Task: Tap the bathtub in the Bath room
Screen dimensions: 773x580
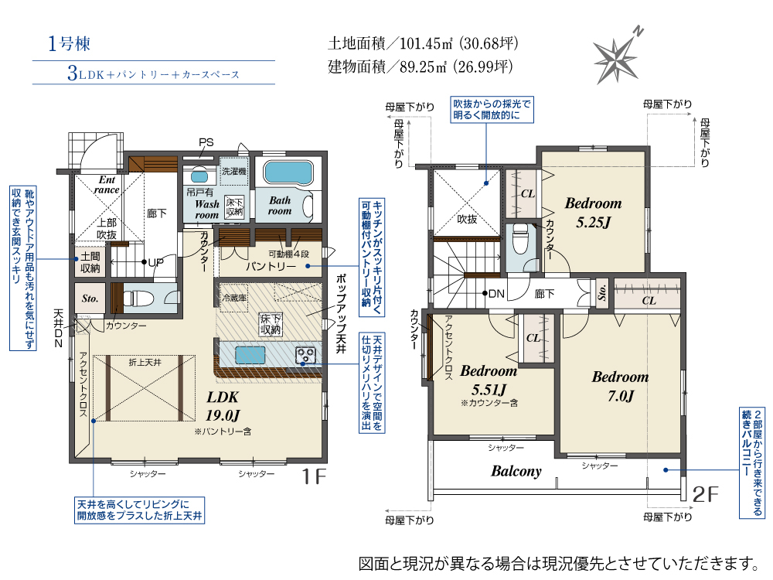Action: [288, 172]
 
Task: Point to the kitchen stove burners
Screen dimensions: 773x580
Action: [305, 355]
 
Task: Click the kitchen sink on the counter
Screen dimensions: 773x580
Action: [250, 355]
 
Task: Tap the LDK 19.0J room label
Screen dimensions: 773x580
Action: [223, 406]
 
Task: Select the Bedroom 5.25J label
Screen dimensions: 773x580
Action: [593, 213]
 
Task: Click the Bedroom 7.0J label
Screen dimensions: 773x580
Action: [620, 386]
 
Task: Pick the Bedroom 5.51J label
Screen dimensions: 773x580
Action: [489, 380]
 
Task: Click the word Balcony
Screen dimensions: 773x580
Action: [516, 471]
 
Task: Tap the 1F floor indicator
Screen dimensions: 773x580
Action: [314, 476]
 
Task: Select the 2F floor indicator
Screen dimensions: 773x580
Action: [706, 494]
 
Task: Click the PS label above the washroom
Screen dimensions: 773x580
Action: [206, 142]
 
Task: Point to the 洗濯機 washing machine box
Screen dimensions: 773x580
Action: [233, 171]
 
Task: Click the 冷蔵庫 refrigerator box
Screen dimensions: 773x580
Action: [234, 298]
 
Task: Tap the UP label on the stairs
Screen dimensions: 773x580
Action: [156, 262]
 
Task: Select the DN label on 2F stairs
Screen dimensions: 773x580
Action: [496, 294]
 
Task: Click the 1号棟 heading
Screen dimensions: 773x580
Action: [69, 44]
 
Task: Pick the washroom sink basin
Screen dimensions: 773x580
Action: [199, 176]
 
